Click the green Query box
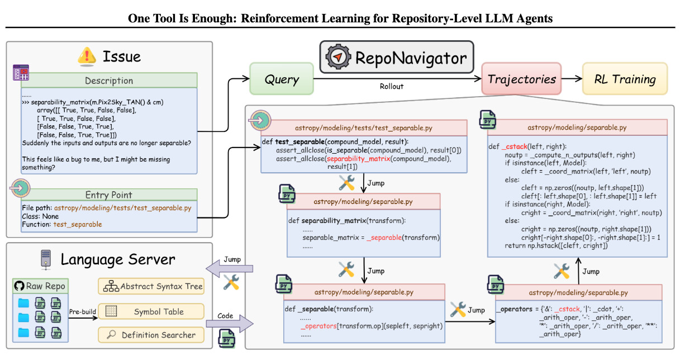pyautogui.click(x=282, y=79)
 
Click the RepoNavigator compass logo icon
pyautogui.click(x=338, y=57)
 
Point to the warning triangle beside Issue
pyautogui.click(x=87, y=56)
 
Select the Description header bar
pyautogui.click(x=109, y=80)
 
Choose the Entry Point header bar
pyautogui.click(x=109, y=195)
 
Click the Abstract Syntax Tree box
pyautogui.click(x=151, y=286)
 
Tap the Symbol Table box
pyautogui.click(x=151, y=311)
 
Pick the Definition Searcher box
pyautogui.click(x=151, y=335)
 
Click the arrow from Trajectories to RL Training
pyautogui.click(x=572, y=79)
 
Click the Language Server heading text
pyautogui.click(x=117, y=259)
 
